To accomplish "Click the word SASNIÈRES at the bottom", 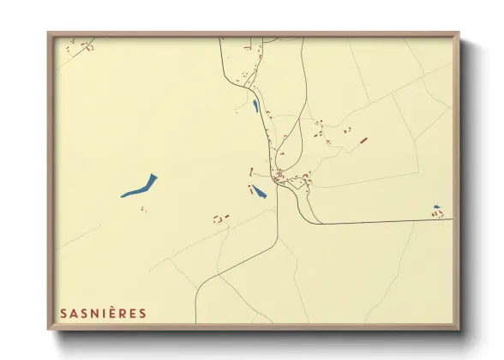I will coord(103,313).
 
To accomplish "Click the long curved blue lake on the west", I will coord(140,186).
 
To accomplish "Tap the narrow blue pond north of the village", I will coord(255,106).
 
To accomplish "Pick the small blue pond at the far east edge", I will coord(436,207).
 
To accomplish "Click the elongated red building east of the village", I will coord(363,140).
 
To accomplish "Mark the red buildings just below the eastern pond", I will coord(437,214).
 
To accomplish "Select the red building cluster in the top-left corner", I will coord(85,46).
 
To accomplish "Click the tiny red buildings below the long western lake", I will coord(143,209).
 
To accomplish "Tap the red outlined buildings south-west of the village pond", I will coord(221,219).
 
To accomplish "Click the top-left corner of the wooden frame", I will coord(49,33).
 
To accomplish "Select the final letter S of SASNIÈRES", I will coord(143,313).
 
